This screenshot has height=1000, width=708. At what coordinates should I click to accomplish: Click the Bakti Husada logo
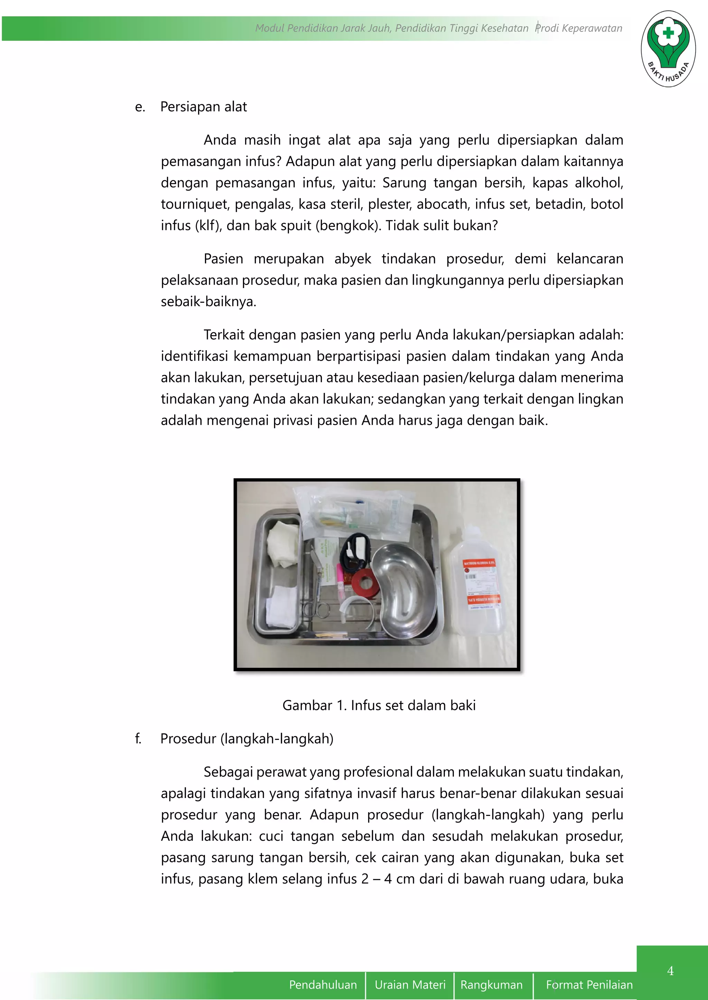click(668, 49)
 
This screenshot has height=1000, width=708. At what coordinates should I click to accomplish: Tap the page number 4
click(670, 970)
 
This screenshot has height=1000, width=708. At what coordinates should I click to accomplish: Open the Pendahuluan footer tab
click(323, 985)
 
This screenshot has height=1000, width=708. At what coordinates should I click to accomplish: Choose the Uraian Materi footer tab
click(410, 985)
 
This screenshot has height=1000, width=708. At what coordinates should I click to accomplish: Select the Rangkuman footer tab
click(491, 985)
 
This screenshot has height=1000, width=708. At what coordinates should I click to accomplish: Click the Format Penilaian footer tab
click(589, 985)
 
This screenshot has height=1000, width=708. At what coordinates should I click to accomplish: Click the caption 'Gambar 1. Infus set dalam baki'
click(379, 705)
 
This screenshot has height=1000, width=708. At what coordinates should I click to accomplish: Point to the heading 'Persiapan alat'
click(204, 107)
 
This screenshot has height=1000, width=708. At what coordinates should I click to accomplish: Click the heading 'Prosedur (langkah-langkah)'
click(247, 739)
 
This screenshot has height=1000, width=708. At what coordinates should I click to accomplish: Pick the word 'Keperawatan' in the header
click(592, 28)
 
